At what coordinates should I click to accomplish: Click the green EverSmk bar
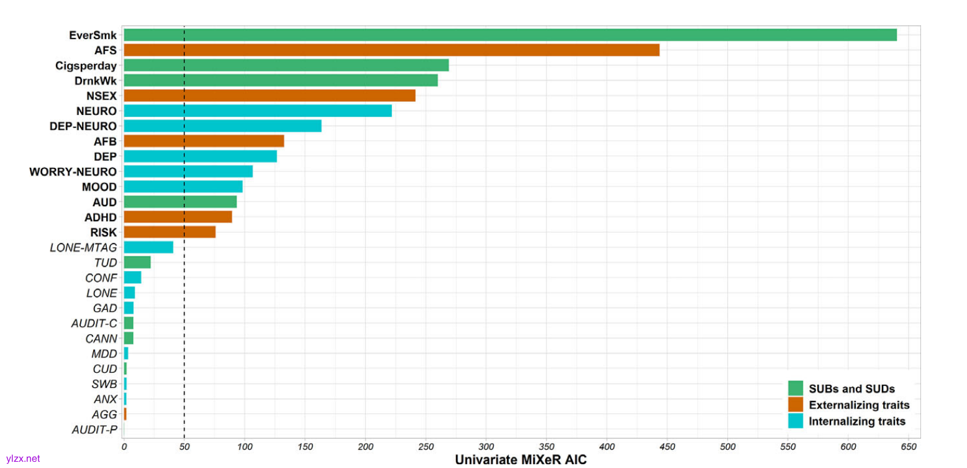point(509,35)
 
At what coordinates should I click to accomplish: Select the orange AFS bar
point(391,50)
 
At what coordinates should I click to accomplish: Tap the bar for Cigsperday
point(286,65)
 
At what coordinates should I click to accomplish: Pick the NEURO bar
point(258,111)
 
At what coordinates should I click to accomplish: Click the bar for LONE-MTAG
point(148,247)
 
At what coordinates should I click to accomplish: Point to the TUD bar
point(137,262)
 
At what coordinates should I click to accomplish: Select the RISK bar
point(170,232)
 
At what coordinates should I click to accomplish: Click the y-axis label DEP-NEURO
point(83,126)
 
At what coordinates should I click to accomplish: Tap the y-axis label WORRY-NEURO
point(73,172)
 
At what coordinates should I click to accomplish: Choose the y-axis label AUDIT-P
point(94,429)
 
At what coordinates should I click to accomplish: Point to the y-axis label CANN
point(101,339)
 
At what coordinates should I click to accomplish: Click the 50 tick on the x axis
point(184,446)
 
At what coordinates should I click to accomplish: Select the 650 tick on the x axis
point(909,446)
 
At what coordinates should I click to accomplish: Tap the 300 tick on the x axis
point(486,446)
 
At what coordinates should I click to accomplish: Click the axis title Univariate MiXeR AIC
point(520,460)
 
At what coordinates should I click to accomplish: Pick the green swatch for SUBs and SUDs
point(795,388)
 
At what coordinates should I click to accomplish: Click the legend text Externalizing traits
point(859,405)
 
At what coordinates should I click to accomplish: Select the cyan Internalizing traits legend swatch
point(795,421)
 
